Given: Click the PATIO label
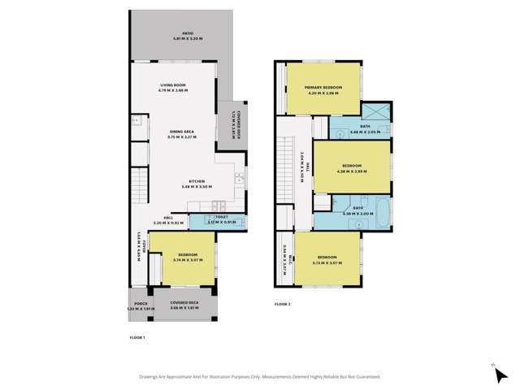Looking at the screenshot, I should [x=180, y=36].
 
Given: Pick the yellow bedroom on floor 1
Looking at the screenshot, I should [x=182, y=258].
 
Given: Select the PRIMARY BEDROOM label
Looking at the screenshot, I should [x=323, y=89].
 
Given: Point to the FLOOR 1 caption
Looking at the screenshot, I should [x=137, y=336].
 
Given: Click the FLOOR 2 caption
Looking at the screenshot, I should [x=282, y=304].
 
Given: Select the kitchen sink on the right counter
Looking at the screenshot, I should [x=239, y=179].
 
